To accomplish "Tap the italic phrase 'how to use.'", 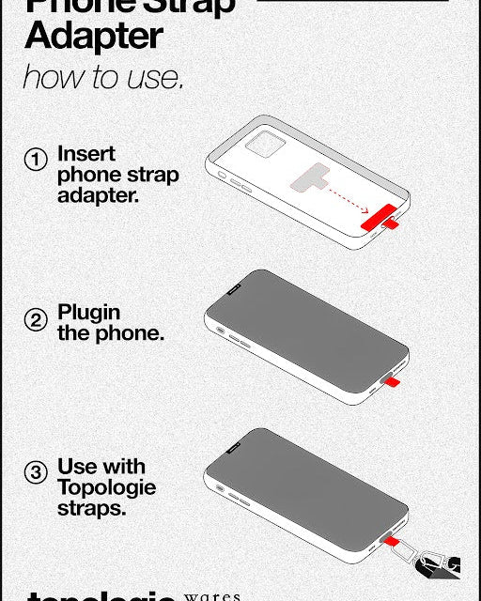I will [x=102, y=77].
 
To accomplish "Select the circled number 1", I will [x=36, y=160].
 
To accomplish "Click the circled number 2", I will [x=36, y=321].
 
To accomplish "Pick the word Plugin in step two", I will [x=89, y=312].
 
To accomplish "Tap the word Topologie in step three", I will [x=106, y=487].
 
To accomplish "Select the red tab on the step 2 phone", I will [x=392, y=381].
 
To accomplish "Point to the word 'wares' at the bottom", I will [x=213, y=596].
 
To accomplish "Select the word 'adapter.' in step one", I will [x=98, y=195].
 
